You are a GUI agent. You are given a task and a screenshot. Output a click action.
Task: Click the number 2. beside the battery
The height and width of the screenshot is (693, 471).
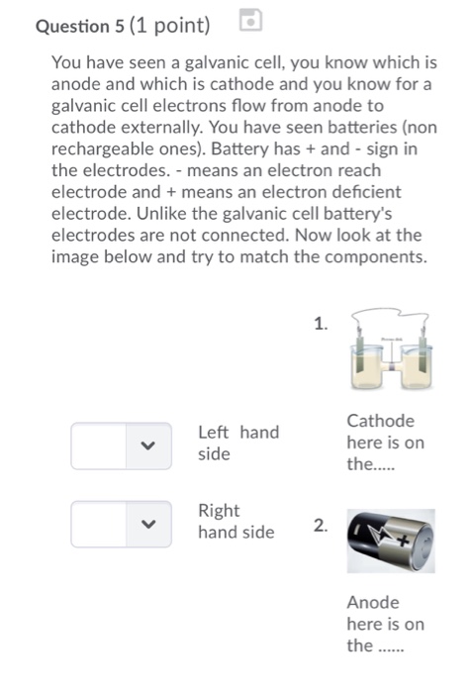click(x=320, y=526)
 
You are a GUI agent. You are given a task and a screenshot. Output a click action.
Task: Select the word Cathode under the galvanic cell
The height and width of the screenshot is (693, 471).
click(x=381, y=422)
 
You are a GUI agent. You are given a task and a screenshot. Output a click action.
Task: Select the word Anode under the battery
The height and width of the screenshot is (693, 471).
click(x=373, y=602)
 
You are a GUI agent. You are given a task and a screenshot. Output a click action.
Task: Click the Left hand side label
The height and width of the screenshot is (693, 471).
click(x=238, y=443)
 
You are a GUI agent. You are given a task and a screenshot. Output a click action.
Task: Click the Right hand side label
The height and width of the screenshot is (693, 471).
click(x=235, y=521)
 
